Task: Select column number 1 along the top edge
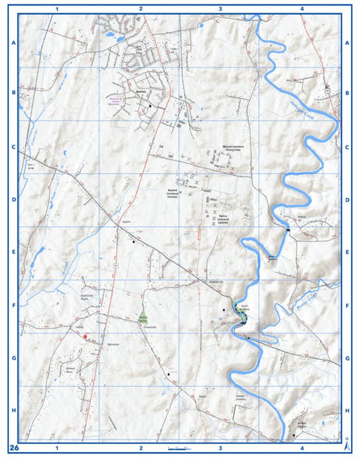click(58, 8)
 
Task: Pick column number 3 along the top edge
click(219, 8)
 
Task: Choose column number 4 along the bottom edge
click(301, 448)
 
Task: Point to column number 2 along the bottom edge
click(139, 448)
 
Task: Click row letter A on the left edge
click(13, 43)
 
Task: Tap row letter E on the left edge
click(13, 253)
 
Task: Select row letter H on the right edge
click(347, 411)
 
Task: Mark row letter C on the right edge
click(347, 148)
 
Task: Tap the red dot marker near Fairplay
click(86, 337)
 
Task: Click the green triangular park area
click(143, 313)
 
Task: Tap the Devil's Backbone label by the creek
click(238, 307)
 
